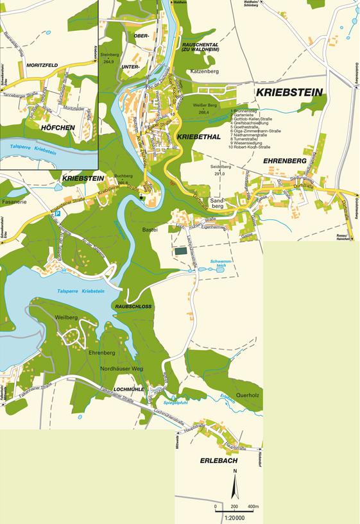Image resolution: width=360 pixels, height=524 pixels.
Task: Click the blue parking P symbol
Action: pos(57,214)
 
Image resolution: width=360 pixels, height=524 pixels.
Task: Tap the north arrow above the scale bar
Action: pos(236,486)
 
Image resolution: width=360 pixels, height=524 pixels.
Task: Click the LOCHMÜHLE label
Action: pos(127,389)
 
